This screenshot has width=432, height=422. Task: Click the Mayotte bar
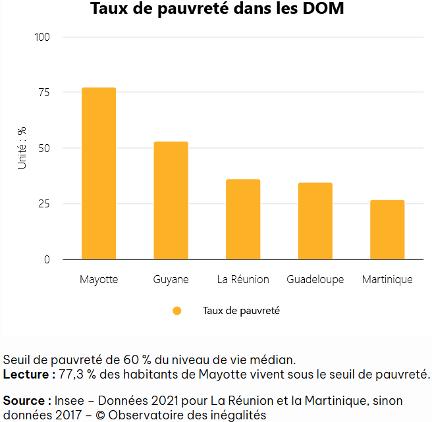click(99, 173)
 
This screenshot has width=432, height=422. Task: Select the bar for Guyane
click(171, 200)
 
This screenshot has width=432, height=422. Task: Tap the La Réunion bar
click(243, 219)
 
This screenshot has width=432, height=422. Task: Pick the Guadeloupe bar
click(315, 221)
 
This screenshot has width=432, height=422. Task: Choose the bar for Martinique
click(387, 230)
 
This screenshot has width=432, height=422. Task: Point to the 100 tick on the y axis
click(42, 37)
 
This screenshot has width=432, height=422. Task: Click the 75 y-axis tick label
click(43, 93)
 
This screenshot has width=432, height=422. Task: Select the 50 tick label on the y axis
click(43, 148)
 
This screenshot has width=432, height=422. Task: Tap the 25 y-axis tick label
click(43, 203)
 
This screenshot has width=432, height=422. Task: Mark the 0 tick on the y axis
click(47, 259)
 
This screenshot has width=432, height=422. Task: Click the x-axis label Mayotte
click(99, 279)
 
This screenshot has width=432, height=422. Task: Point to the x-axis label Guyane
click(171, 279)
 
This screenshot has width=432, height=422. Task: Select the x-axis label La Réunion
click(243, 279)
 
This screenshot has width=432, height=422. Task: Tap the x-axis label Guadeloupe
click(315, 279)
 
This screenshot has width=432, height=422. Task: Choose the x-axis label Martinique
click(387, 279)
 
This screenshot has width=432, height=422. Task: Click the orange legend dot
click(176, 311)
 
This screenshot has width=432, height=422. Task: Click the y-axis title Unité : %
click(22, 148)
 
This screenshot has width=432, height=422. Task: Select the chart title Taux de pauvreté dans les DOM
click(217, 10)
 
